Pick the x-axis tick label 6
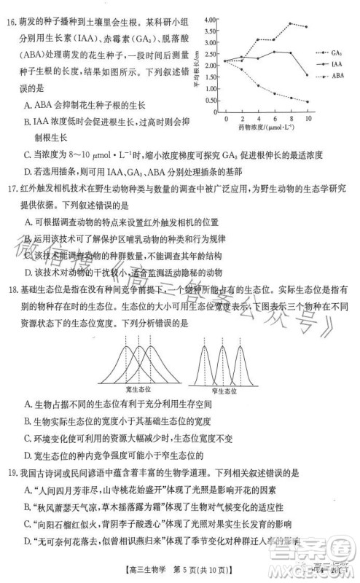pyautogui.click(x=275, y=118)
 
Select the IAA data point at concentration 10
pyautogui.click(x=308, y=76)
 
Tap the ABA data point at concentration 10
pyautogui.click(x=308, y=102)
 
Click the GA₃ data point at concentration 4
pyautogui.click(x=258, y=39)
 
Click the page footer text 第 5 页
pyautogui.click(x=194, y=570)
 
